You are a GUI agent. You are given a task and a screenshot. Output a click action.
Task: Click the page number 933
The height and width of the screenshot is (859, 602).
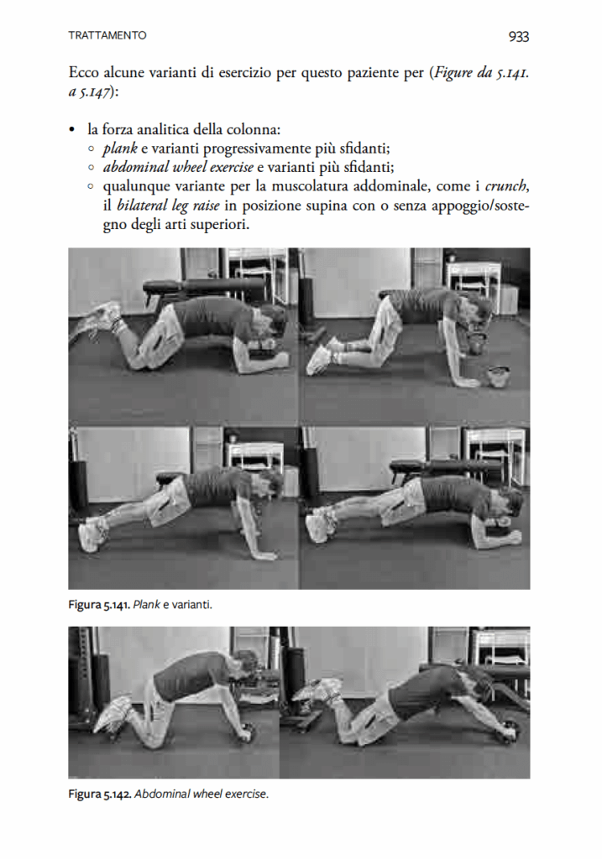(x=518, y=36)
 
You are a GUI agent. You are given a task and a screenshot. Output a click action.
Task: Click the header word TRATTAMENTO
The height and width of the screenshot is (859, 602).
(x=107, y=35)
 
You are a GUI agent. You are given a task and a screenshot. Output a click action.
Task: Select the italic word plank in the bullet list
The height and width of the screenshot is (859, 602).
(x=120, y=148)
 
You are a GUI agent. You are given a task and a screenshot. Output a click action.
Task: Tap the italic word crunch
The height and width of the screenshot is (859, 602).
(x=505, y=185)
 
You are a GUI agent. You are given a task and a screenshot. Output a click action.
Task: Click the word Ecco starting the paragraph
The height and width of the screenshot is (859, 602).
(x=86, y=73)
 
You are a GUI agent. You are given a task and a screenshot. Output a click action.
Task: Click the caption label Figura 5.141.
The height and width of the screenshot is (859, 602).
(x=99, y=603)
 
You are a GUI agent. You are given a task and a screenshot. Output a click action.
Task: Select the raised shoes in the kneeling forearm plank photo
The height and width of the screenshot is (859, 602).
(x=102, y=318)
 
